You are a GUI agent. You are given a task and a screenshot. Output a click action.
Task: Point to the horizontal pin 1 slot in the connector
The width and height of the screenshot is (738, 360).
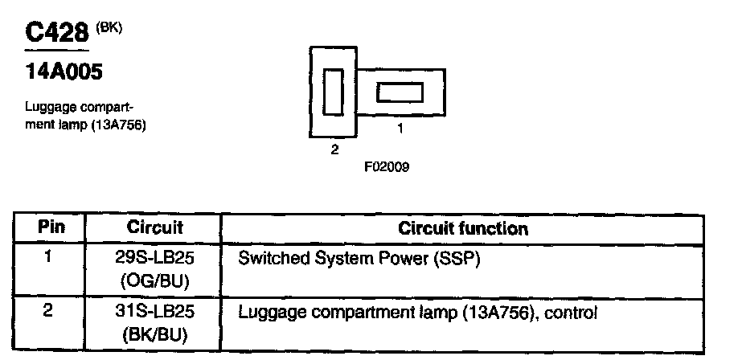400,92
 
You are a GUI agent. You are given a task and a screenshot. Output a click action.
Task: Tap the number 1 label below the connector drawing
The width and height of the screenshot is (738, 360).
400,128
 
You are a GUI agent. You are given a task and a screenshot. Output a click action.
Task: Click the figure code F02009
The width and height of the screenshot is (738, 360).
387,169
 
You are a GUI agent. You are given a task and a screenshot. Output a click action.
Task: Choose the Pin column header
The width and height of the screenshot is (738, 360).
51,228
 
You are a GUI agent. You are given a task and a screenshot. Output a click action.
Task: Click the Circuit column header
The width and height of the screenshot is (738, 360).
155,228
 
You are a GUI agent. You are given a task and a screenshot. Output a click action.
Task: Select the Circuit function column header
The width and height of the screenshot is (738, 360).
463,229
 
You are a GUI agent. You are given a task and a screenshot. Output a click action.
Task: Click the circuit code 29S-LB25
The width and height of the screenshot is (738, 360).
155,260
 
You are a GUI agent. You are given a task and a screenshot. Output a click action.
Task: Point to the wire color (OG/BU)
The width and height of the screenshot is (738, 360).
155,281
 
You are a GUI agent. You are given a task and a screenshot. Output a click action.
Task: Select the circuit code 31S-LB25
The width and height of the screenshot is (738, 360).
155,311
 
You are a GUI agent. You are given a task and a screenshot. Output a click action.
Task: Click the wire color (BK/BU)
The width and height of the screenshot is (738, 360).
155,332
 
